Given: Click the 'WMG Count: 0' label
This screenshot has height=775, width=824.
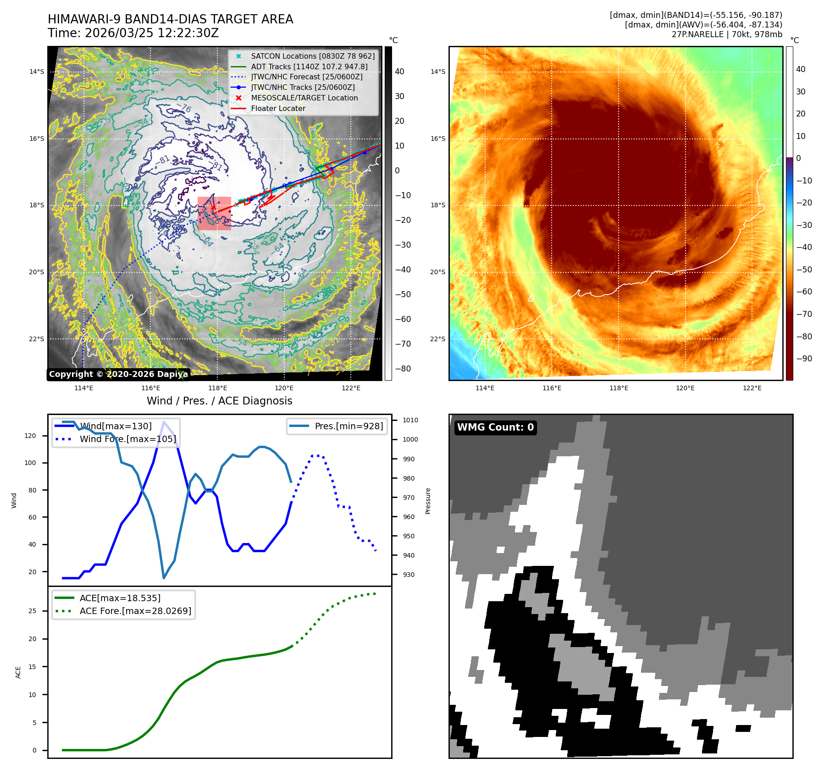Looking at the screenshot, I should click(x=495, y=427).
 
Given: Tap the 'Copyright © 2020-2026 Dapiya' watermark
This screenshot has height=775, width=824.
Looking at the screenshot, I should click(x=118, y=374).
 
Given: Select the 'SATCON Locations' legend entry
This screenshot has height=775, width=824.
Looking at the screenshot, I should click(x=312, y=56).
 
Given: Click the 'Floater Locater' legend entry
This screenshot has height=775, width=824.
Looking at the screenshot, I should click(x=278, y=108).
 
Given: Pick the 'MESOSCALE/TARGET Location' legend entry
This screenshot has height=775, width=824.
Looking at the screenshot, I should click(x=304, y=98).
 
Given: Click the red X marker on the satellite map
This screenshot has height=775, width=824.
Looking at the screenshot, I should click(x=213, y=207).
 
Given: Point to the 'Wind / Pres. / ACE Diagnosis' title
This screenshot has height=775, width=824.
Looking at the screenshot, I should click(x=219, y=401).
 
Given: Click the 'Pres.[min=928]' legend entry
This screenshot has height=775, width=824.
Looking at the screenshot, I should click(x=348, y=426).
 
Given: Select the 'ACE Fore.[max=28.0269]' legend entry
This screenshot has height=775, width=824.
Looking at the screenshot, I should click(x=135, y=611).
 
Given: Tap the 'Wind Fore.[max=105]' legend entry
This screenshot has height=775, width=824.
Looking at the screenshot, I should click(x=127, y=439).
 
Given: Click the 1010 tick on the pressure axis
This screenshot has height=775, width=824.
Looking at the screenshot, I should click(x=410, y=420).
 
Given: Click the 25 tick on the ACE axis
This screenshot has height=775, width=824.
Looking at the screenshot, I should click(x=32, y=611).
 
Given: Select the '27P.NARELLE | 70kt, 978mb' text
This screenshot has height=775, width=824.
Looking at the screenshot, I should click(x=727, y=34).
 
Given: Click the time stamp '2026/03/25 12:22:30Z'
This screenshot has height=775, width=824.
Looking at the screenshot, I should click(x=152, y=33).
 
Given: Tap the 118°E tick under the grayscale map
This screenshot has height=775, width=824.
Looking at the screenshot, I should click(x=217, y=388).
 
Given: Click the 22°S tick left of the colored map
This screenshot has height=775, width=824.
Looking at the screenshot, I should click(x=437, y=339).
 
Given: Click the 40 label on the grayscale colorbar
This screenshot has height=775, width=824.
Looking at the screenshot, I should click(x=399, y=72).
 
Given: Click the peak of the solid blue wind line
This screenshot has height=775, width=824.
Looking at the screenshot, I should click(x=164, y=422).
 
